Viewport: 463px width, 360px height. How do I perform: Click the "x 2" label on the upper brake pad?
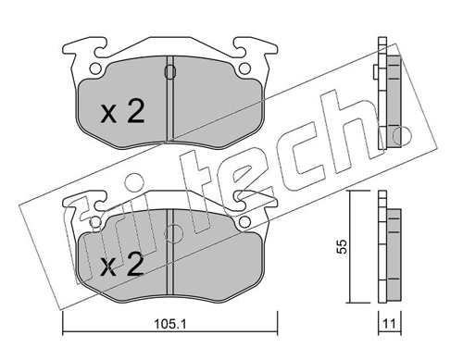coord(122,113)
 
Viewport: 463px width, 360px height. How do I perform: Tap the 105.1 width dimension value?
coord(167,324)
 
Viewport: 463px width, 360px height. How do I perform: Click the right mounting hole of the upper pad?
coord(243,68)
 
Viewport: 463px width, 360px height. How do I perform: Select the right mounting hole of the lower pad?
coord(243,222)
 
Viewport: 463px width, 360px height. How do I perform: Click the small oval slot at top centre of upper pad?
coord(168,71)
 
